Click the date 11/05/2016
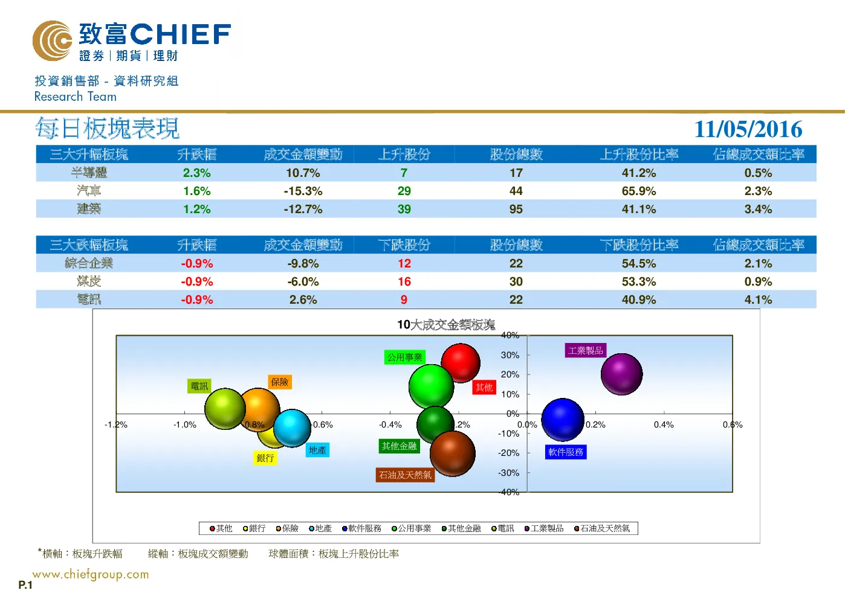coord(748,129)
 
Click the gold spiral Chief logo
coord(52,40)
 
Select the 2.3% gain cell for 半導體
coord(196,173)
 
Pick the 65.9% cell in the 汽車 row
coord(639,191)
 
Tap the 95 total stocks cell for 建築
coord(516,209)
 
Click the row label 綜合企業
coord(89,263)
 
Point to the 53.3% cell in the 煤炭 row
coord(639,282)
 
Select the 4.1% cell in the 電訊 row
coord(758,300)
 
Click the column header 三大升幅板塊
coord(89,155)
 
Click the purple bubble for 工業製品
coord(621,374)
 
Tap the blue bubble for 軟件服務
coord(563,420)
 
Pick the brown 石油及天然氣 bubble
coord(452,453)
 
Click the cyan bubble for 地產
coord(292,428)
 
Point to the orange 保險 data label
coord(280,382)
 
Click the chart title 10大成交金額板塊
coord(446,324)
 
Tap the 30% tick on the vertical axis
coord(510,355)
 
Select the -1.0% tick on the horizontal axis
coord(185,424)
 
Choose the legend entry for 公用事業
coord(411,528)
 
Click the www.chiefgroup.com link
coord(91,574)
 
